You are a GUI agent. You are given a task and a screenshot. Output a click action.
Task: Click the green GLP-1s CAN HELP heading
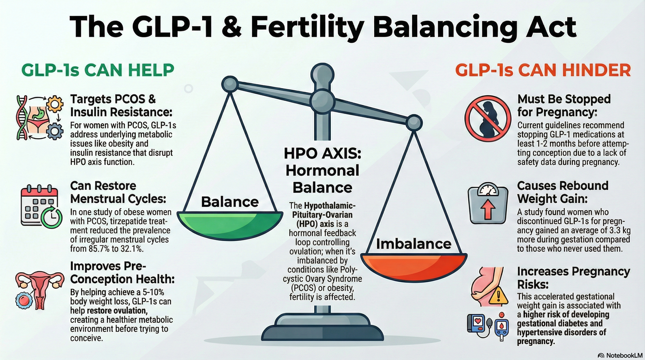pyautogui.click(x=98, y=70)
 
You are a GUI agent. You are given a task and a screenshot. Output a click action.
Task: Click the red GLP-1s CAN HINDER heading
pyautogui.click(x=543, y=70)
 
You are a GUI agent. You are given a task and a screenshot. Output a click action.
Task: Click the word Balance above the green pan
pyautogui.click(x=230, y=202)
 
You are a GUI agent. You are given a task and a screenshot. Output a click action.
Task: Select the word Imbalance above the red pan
pyautogui.click(x=414, y=244)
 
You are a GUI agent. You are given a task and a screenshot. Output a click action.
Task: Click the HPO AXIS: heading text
pyautogui.click(x=322, y=154)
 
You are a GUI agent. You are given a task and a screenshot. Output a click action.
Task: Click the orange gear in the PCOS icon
pyautogui.click(x=55, y=104)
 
